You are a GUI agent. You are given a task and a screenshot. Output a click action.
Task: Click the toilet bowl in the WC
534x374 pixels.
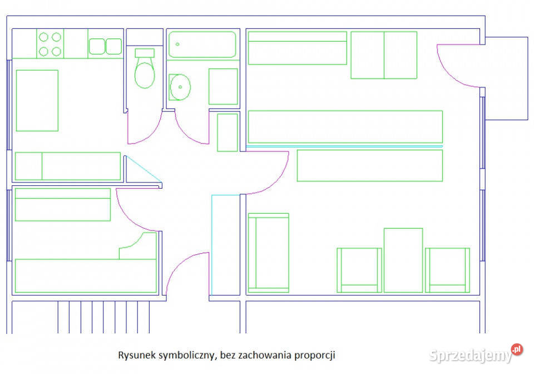145,75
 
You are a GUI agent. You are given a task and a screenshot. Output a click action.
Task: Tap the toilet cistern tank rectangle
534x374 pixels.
145,53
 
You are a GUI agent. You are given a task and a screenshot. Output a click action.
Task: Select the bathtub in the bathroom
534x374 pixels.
202,45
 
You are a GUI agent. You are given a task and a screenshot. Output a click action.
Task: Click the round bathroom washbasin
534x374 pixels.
180,87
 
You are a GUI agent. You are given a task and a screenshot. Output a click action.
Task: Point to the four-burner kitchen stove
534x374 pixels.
50,44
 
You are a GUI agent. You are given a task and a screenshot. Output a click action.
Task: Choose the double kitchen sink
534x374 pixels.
105,46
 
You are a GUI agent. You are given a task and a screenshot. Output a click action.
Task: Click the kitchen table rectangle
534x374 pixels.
37,101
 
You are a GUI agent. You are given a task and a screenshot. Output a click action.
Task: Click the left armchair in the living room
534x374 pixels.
359,270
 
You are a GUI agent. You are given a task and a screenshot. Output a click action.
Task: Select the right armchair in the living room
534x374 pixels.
447,270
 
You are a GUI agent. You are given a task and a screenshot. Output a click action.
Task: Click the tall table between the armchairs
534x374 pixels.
403,260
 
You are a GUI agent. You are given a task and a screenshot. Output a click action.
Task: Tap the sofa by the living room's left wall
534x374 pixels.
269,253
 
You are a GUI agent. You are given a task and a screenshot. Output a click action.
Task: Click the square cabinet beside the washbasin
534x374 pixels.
223,86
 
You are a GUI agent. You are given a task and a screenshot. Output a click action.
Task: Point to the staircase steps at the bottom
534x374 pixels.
103,317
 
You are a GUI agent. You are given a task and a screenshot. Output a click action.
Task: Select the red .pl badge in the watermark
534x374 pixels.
517,350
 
